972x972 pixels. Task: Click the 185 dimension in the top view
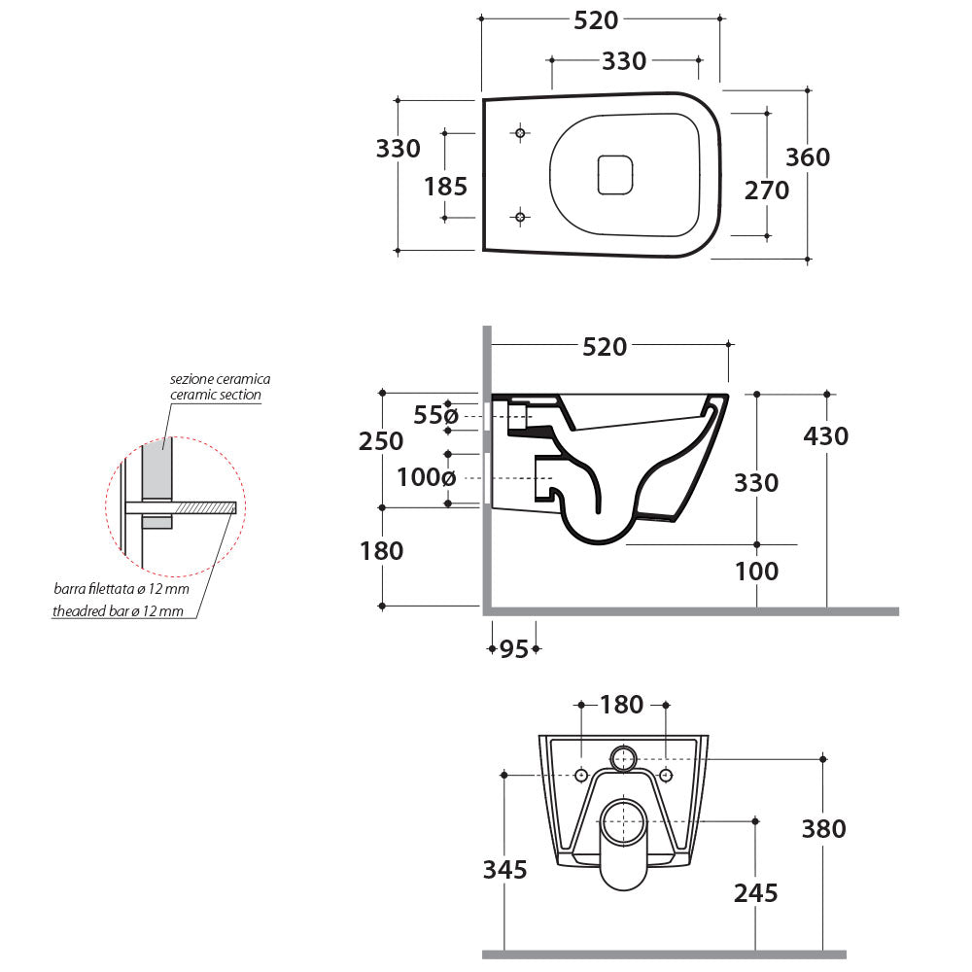(x=446, y=186)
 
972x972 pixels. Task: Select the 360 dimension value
(x=808, y=156)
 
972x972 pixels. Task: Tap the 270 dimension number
(x=767, y=191)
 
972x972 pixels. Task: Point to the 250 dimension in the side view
(x=382, y=441)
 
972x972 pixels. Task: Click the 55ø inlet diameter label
(x=434, y=416)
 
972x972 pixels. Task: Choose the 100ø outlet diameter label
(x=427, y=477)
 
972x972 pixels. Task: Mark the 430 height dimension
(x=826, y=436)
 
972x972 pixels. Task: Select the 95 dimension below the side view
(x=513, y=649)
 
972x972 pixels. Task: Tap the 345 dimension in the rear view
(x=504, y=869)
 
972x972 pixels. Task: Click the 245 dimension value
(x=756, y=892)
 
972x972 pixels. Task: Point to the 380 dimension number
(x=823, y=829)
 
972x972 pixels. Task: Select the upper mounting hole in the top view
(x=520, y=132)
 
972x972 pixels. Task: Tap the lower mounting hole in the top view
(x=520, y=217)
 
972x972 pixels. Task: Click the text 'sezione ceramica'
(x=220, y=379)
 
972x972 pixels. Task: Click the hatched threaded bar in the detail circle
(x=205, y=507)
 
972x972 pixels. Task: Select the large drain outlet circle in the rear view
(x=622, y=822)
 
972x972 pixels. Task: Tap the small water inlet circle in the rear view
(x=622, y=758)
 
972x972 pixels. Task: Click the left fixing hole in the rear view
(x=581, y=775)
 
